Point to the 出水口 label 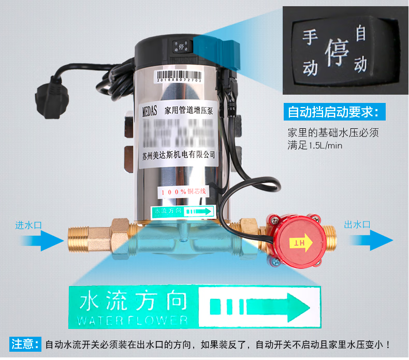pyautogui.click(x=357, y=224)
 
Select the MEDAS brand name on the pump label pyautogui.click(x=148, y=110)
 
